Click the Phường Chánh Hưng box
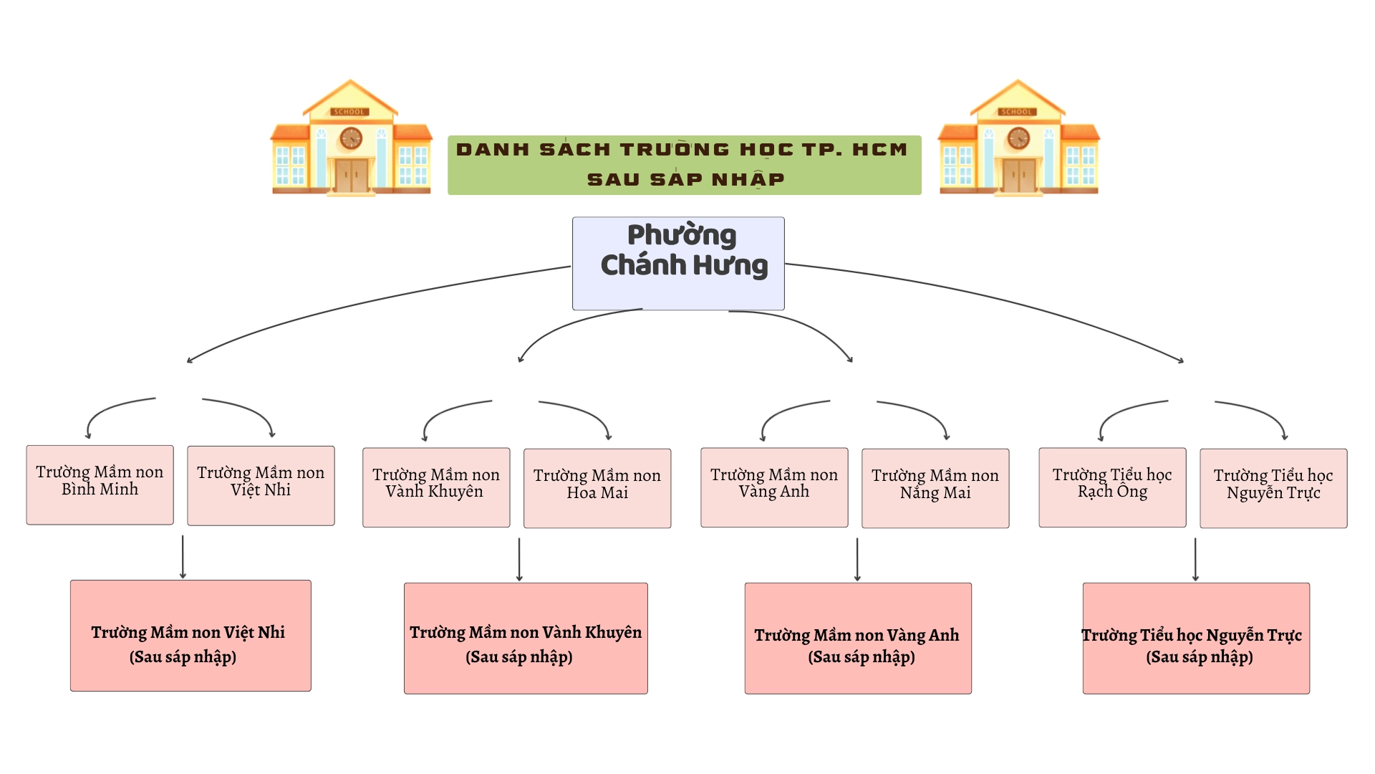(678, 263)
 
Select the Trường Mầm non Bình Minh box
(100, 485)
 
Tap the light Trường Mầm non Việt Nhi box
(261, 486)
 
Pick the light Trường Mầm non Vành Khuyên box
(436, 487)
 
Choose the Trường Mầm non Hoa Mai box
(597, 489)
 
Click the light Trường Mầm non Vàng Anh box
(774, 487)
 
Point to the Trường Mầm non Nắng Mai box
(935, 489)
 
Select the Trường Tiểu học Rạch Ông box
(1112, 487)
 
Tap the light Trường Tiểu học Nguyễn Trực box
(1273, 489)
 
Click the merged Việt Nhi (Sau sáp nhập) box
(190, 636)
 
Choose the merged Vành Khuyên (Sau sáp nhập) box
(526, 639)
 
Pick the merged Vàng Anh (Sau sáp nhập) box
(858, 639)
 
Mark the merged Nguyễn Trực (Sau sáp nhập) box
(1196, 639)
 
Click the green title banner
(685, 165)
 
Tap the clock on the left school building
(351, 138)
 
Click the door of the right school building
(1019, 175)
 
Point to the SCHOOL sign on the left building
(349, 112)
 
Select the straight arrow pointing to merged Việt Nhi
(183, 557)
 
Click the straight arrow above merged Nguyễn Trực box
(1195, 560)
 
